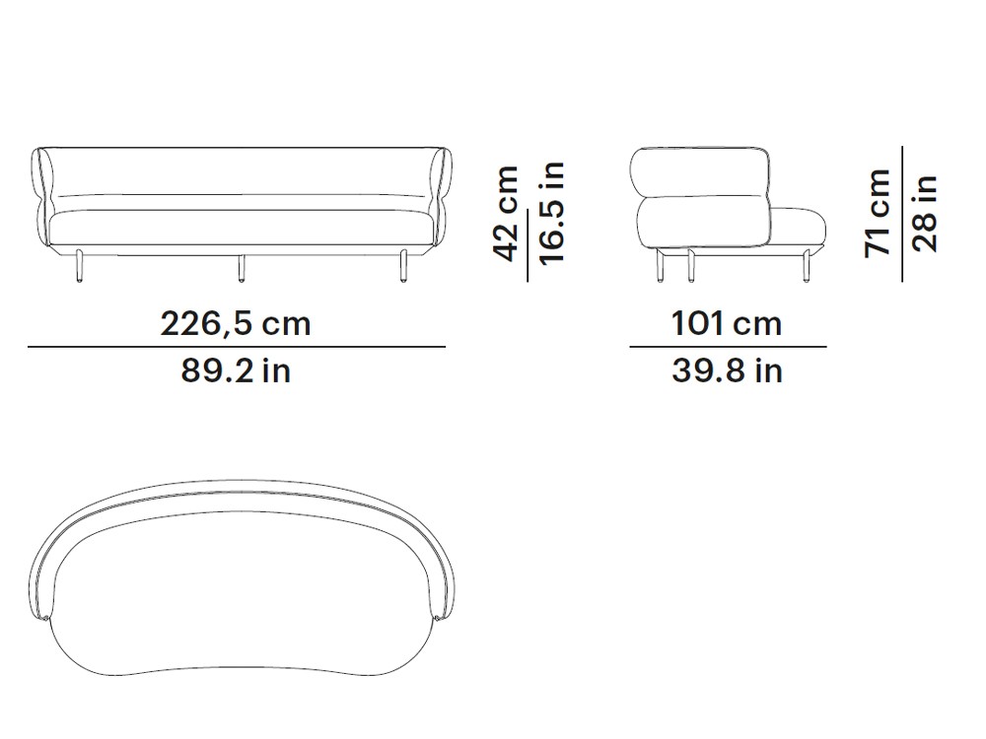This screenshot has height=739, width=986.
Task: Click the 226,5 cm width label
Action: pyautogui.click(x=236, y=324)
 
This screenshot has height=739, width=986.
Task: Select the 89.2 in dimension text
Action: pyautogui.click(x=236, y=370)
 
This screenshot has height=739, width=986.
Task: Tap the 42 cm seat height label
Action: pyautogui.click(x=507, y=214)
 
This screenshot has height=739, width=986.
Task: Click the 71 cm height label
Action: pyautogui.click(x=879, y=214)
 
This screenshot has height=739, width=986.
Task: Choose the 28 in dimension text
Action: pyautogui.click(x=925, y=214)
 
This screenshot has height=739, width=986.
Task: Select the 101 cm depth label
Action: pyautogui.click(x=727, y=324)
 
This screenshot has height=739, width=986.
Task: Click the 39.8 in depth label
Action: pyautogui.click(x=727, y=370)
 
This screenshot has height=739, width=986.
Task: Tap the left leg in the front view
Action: pyautogui.click(x=79, y=266)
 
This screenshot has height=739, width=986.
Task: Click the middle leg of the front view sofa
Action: pyautogui.click(x=241, y=268)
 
